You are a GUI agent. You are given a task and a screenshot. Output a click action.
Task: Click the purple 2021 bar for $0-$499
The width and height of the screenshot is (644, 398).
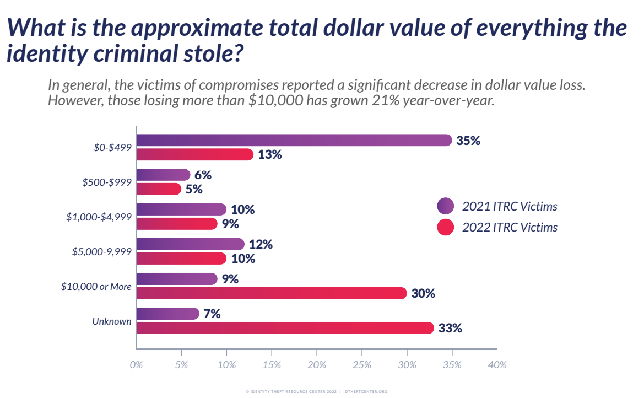(294, 140)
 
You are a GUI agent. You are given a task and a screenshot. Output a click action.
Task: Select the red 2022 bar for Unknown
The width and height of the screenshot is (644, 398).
(285, 327)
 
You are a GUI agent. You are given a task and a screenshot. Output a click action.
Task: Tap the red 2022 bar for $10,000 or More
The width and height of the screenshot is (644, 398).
(272, 293)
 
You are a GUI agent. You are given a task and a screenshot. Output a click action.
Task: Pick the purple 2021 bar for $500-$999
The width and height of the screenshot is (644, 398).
(164, 175)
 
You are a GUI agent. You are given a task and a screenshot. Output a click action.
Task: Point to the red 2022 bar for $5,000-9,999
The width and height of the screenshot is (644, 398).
(182, 259)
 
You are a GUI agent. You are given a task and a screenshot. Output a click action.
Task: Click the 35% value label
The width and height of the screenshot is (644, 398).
(468, 141)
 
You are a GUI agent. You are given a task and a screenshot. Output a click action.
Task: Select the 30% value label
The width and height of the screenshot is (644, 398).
(423, 293)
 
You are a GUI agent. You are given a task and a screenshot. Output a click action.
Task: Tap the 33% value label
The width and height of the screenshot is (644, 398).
(450, 328)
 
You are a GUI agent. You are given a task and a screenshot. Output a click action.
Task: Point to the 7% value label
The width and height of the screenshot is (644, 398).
(212, 314)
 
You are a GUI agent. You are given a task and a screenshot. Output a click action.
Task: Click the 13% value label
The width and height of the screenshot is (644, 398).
(270, 154)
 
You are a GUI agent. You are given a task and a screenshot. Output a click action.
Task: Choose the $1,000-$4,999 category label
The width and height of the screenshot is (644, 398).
(99, 217)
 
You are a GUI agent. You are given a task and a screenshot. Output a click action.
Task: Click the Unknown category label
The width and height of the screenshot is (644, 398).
(112, 321)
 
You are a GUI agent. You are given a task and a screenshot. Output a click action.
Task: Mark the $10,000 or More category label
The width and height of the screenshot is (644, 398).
(96, 286)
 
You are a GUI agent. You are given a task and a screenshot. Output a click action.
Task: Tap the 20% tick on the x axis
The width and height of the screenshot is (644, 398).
(317, 365)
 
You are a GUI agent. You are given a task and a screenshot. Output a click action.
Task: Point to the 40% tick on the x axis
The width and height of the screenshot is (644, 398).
(497, 365)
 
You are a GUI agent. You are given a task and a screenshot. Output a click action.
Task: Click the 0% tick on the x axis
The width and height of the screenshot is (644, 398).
(137, 365)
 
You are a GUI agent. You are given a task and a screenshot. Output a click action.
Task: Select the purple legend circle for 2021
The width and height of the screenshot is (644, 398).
(446, 206)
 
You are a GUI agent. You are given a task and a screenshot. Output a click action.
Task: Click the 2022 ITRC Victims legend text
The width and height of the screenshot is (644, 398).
(510, 227)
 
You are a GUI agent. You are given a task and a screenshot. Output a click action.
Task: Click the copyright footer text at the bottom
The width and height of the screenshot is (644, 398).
(317, 391)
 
